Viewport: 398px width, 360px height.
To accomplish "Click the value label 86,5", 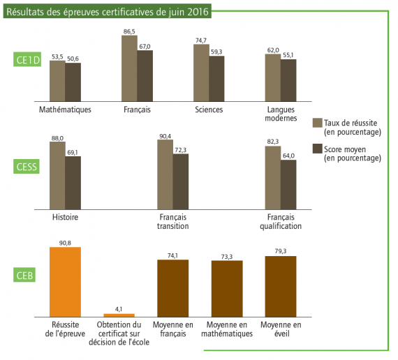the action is [129, 31].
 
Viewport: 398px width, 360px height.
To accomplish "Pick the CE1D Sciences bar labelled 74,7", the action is [201, 73].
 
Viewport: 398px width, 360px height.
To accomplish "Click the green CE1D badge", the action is [27, 60].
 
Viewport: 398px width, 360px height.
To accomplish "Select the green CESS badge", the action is [27, 167].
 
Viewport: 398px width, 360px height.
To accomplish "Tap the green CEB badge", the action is [24, 275].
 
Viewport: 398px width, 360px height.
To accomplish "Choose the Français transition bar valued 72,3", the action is [181, 181].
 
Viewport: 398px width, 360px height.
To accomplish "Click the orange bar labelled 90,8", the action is [65, 282].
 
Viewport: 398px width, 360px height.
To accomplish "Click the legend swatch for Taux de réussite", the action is [317, 123].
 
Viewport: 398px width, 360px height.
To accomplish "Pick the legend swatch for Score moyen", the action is [317, 149].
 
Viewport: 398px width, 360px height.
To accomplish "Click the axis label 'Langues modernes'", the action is [281, 114].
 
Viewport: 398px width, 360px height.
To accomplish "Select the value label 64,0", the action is [288, 156].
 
